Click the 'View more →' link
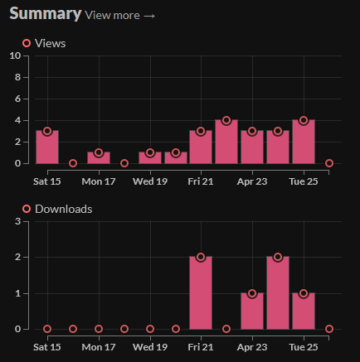pyautogui.click(x=120, y=15)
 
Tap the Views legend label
pyautogui.click(x=51, y=43)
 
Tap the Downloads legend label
pyautogui.click(x=63, y=209)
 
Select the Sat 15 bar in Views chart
pyautogui.click(x=47, y=147)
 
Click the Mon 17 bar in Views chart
pyautogui.click(x=99, y=157)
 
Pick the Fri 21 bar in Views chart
pyautogui.click(x=201, y=147)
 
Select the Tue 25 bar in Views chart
pyautogui.click(x=304, y=142)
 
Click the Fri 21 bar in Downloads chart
pyautogui.click(x=201, y=293)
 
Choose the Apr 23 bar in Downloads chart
pyautogui.click(x=252, y=311)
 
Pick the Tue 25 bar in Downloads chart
pyautogui.click(x=304, y=311)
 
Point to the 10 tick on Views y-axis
pyautogui.click(x=15, y=56)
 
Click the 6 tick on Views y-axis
pyautogui.click(x=17, y=99)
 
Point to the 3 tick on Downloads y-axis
pyautogui.click(x=17, y=221)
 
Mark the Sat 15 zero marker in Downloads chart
pyautogui.click(x=47, y=329)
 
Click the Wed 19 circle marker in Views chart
pyautogui.click(x=150, y=153)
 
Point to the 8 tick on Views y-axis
pyautogui.click(x=17, y=77)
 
